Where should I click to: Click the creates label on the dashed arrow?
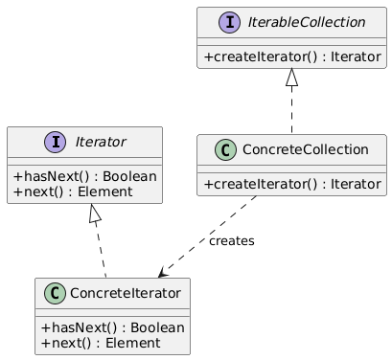[x=231, y=241]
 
